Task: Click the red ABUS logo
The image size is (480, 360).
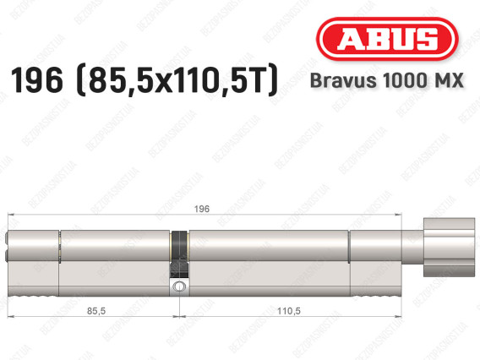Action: (387, 39)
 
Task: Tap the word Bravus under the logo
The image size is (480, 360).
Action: (343, 80)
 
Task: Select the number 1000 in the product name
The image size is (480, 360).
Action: (403, 80)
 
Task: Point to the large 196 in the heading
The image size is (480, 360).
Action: (36, 80)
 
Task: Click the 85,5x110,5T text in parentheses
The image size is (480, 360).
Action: (176, 81)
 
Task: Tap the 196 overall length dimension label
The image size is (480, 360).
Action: (202, 209)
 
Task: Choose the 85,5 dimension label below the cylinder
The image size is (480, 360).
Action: (96, 311)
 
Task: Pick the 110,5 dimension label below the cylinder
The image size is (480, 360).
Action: (289, 311)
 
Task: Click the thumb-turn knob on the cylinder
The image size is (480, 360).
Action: (449, 248)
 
